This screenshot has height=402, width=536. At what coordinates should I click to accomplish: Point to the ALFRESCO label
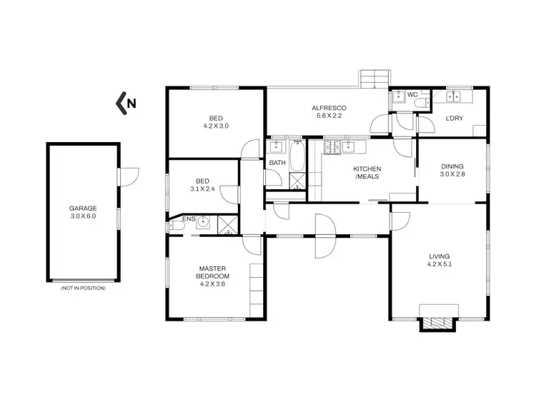pyautogui.click(x=324, y=108)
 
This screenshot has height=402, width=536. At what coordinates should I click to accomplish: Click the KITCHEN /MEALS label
pyautogui.click(x=367, y=172)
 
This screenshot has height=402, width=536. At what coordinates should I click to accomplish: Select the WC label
pyautogui.click(x=412, y=95)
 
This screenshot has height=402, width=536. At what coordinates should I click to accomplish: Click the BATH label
pyautogui.click(x=277, y=163)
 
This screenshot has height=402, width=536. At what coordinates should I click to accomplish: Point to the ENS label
pyautogui.click(x=188, y=218)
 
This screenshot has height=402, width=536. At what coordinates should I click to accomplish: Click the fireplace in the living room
pyautogui.click(x=436, y=321)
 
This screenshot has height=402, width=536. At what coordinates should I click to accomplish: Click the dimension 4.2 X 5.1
pyautogui.click(x=439, y=263)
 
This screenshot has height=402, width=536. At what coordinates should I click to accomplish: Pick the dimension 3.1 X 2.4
pyautogui.click(x=202, y=189)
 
